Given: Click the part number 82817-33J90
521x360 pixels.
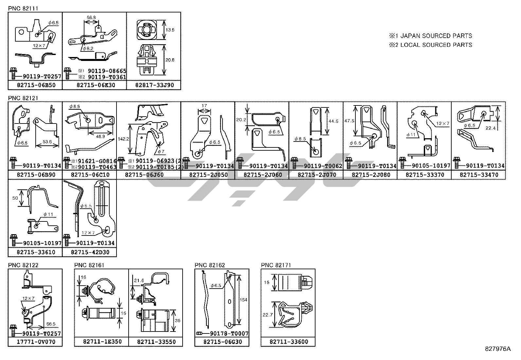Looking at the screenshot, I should [153, 85].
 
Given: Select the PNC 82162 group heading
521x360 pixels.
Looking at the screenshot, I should [210, 265].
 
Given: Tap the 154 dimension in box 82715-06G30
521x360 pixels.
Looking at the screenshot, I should [243, 300].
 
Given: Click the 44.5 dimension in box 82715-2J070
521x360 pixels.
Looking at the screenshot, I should [333, 121].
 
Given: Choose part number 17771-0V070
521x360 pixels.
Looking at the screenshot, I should [36, 342].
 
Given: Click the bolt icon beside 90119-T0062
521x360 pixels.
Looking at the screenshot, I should [294, 163].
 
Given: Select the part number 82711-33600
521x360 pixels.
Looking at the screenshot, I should [289, 342].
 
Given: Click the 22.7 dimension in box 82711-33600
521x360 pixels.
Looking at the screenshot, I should [267, 315].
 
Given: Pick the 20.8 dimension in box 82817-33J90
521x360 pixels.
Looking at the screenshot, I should [170, 60].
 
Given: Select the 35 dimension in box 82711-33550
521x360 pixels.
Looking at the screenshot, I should [177, 321].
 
